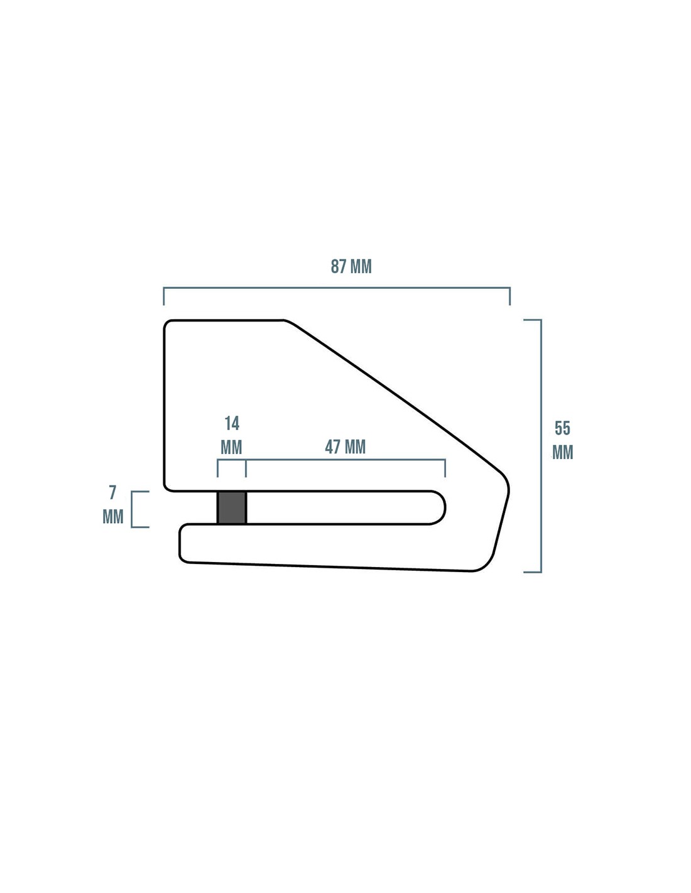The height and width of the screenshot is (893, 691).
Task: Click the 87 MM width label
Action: pyautogui.click(x=351, y=266)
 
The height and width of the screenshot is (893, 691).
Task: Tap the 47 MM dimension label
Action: pyautogui.click(x=345, y=446)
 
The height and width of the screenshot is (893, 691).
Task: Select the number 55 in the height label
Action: pyautogui.click(x=562, y=428)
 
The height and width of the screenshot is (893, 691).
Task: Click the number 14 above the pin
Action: pyautogui.click(x=232, y=423)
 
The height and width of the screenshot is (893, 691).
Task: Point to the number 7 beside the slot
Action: pyautogui.click(x=112, y=492)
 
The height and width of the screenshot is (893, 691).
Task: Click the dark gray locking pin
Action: pyautogui.click(x=231, y=507)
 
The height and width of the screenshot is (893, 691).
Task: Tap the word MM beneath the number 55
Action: pyautogui.click(x=562, y=452)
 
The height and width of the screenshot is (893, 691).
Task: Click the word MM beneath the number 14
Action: pyautogui.click(x=231, y=447)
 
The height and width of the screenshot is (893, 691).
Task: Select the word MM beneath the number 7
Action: pyautogui.click(x=113, y=517)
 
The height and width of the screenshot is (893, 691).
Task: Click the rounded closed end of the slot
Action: pyautogui.click(x=445, y=507)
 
